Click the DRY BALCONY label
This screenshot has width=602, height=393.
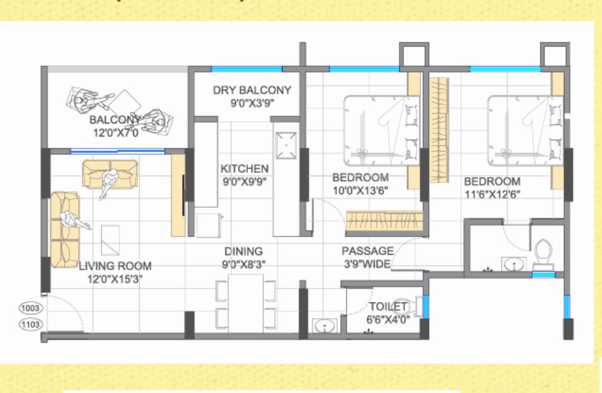pos(252,90)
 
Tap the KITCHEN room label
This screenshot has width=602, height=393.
pos(245,169)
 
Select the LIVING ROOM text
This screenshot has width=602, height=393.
pos(115,265)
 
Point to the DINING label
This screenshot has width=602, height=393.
pos(243,252)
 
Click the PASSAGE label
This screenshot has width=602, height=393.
pos(367,251)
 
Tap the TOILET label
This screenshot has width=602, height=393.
pos(387,307)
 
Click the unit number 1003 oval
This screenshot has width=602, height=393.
pos(30,308)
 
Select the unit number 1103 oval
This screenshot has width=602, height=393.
pos(30,324)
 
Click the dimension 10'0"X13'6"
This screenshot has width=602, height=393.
pos(360,191)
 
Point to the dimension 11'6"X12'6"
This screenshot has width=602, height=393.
pos(493,194)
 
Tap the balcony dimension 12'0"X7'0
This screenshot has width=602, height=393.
pos(116,133)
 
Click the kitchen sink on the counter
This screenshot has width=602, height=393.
pos(286,145)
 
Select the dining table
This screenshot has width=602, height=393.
pos(246,303)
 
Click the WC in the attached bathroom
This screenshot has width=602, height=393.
pos(543,255)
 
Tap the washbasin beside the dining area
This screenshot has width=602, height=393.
pos(325,326)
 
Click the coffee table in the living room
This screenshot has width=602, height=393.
pos(110,240)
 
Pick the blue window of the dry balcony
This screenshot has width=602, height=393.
pos(247,69)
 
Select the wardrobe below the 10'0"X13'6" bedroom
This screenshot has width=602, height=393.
pos(384,221)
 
